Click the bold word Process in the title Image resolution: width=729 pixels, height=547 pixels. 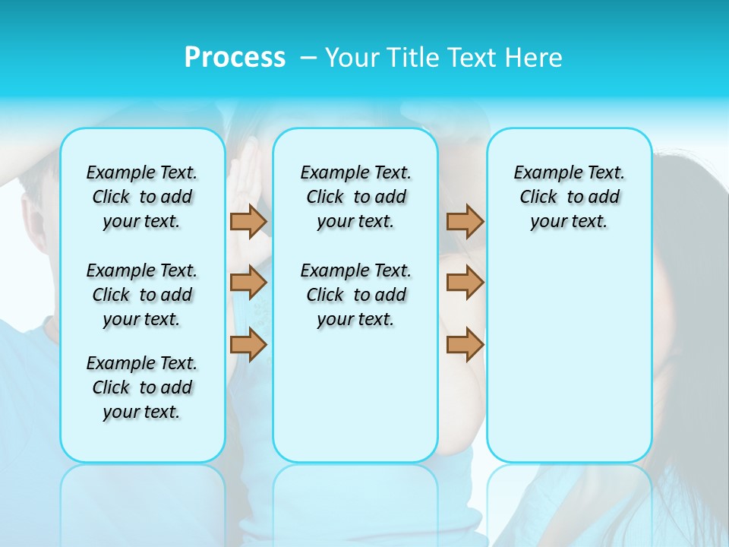coord(235,58)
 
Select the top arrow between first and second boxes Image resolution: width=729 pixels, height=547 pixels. coord(248,222)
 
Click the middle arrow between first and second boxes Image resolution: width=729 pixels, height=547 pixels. coord(248,283)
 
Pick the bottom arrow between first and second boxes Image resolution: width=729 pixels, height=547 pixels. coord(248,345)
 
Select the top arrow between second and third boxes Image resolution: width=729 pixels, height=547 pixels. coord(465,222)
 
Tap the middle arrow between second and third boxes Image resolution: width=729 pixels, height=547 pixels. coord(465,283)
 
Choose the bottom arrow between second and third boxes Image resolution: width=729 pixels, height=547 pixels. coord(465,345)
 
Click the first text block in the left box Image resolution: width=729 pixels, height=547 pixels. coord(142,197)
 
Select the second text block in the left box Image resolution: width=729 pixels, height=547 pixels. coord(142,295)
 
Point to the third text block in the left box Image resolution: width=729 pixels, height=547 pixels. coord(142,387)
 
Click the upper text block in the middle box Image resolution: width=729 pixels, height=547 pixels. coord(355,197)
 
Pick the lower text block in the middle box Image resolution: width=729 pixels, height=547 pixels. coord(355,295)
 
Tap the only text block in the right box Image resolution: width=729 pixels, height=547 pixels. coord(569,197)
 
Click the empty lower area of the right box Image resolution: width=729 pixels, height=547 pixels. coord(569,357)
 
